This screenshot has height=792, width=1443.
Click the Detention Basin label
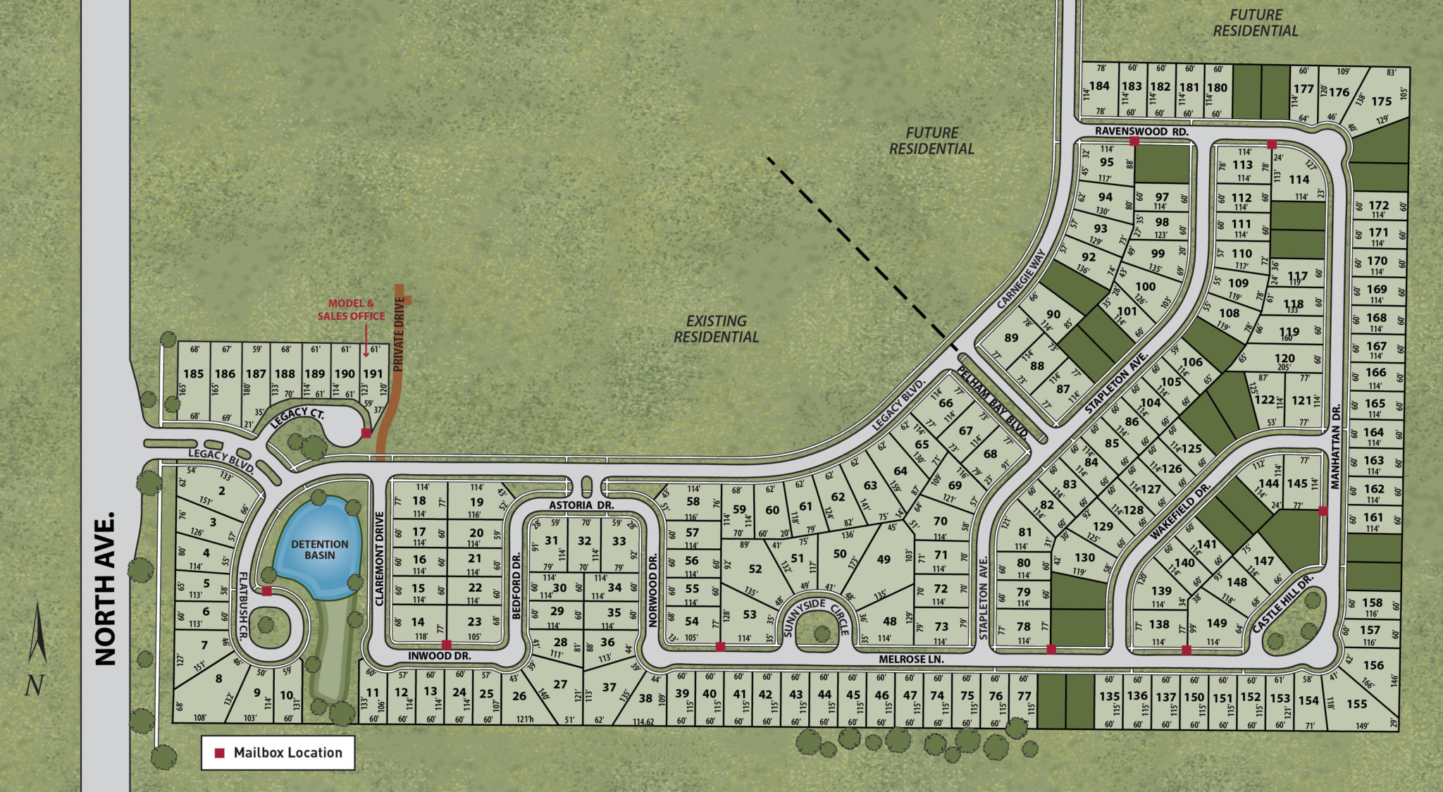[320, 550]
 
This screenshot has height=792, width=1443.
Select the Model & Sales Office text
[351, 310]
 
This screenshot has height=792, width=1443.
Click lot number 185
[193, 374]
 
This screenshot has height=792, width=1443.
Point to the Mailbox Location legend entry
[278, 753]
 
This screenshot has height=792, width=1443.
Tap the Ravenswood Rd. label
[1141, 132]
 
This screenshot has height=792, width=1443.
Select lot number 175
[1381, 101]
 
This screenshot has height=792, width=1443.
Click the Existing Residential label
[716, 329]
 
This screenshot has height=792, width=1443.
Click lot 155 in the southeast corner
[1356, 704]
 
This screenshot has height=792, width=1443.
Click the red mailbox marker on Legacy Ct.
[366, 433]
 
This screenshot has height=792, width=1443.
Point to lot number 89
[1011, 338]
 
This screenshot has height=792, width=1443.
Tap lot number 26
[519, 696]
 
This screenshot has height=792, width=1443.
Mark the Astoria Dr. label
[581, 505]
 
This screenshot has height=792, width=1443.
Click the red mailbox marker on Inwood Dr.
[446, 645]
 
